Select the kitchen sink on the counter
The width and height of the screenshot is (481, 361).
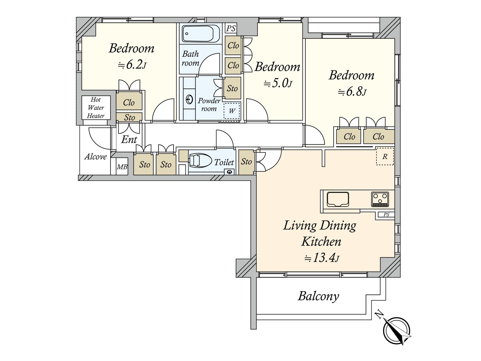338,199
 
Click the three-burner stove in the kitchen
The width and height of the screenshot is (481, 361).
380,199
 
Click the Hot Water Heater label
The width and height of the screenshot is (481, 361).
96,108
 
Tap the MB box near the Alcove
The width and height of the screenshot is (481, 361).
122,167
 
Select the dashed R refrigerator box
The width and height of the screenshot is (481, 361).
385,156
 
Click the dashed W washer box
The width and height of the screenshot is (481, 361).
232,111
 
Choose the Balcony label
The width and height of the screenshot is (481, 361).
318,296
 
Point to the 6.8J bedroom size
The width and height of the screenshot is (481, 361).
352,91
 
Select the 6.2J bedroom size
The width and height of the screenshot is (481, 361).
132,64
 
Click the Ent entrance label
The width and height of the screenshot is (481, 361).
129,140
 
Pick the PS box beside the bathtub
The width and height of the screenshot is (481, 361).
231,29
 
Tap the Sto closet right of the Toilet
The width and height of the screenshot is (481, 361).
246,162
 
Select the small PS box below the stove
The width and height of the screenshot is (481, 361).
386,214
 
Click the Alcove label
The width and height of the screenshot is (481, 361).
96,157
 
